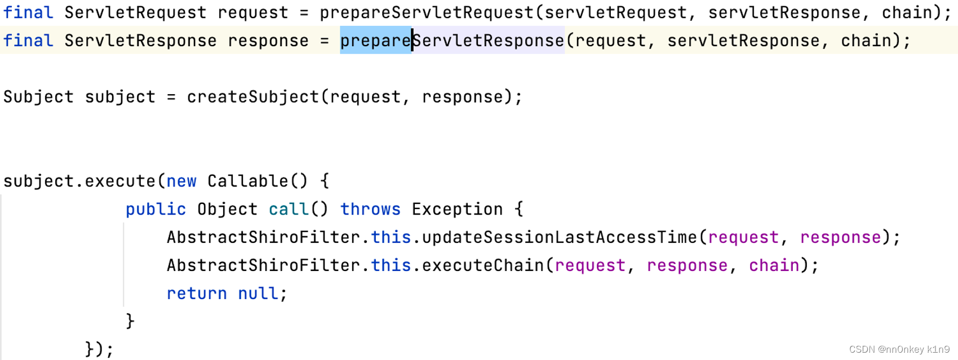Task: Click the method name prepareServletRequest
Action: pyautogui.click(x=427, y=12)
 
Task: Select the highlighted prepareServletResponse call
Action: pyautogui.click(x=452, y=41)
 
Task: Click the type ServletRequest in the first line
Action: pyautogui.click(x=135, y=12)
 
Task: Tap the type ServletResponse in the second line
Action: pyautogui.click(x=140, y=41)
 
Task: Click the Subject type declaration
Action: pyautogui.click(x=38, y=97)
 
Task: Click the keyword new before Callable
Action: pyautogui.click(x=181, y=181)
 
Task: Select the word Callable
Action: pyautogui.click(x=248, y=181)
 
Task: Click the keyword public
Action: pyautogui.click(x=156, y=210)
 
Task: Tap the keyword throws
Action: pyautogui.click(x=370, y=210)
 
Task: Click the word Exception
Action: pyautogui.click(x=457, y=210)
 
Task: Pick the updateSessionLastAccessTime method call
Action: pyautogui.click(x=559, y=238)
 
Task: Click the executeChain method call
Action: pyautogui.click(x=483, y=266)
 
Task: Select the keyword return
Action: pyautogui.click(x=197, y=294)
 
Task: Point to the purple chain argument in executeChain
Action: pyautogui.click(x=774, y=266)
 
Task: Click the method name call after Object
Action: pyautogui.click(x=289, y=210)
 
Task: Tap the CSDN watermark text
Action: pyautogui.click(x=899, y=350)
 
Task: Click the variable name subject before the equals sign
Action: pyautogui.click(x=120, y=97)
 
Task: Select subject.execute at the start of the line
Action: pyautogui.click(x=79, y=181)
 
